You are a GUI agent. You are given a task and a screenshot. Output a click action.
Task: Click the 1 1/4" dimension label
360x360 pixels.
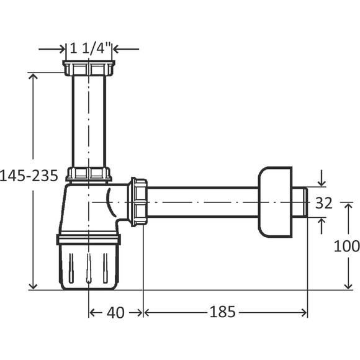coord(90,48)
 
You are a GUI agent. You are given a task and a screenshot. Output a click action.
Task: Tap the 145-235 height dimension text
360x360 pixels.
coord(29,176)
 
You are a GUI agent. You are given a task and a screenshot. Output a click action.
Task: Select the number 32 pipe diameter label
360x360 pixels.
coord(324,203)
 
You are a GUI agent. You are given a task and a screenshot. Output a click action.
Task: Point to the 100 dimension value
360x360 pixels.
coord(346,246)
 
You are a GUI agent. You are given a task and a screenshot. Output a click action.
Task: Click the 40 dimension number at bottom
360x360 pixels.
coord(115,312)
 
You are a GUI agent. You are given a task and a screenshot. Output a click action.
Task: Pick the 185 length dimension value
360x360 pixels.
coord(222,312)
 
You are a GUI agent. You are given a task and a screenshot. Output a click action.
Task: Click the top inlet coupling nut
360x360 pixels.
coord(89,68)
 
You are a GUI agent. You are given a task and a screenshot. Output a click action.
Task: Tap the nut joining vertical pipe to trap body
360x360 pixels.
coord(89,174)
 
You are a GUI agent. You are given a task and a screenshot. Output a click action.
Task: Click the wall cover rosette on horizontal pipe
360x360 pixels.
coord(276,202)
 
